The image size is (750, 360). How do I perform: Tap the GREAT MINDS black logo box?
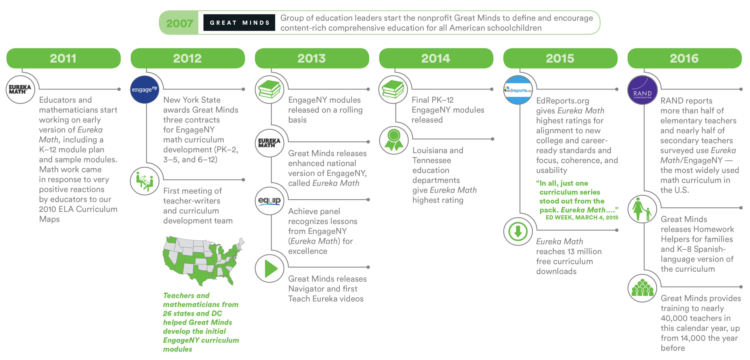click(239, 23)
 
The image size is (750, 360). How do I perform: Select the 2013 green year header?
click(312, 58)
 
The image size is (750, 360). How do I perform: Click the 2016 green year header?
click(684, 58)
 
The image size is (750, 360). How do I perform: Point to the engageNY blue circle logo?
click(144, 89)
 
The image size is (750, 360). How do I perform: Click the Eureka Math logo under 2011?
click(20, 89)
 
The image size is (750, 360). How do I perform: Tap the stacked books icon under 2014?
click(393, 89)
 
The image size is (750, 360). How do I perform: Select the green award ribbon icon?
click(394, 140)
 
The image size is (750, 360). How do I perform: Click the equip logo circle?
click(269, 201)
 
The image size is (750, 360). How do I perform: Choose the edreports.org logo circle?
click(518, 90)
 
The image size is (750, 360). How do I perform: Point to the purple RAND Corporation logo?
click(642, 90)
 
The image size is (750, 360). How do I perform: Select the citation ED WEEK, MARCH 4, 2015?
click(582, 217)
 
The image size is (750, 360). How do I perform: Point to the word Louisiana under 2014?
click(428, 151)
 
